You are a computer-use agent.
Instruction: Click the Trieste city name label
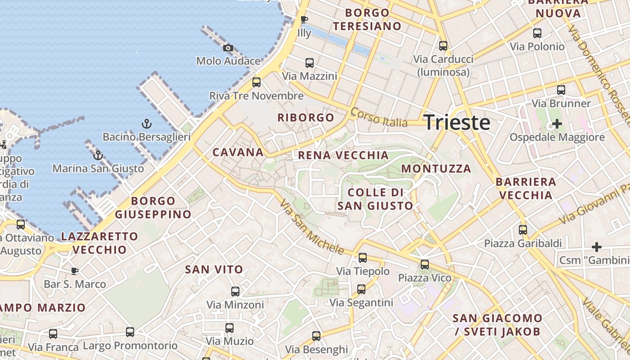point(457,122)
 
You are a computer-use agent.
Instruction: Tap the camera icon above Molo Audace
point(228,48)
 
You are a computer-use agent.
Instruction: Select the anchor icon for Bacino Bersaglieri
point(146,124)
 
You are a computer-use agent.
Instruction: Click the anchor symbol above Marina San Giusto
point(98,156)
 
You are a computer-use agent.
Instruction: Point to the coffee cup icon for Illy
point(304,19)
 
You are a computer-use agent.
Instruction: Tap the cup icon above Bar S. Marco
point(75,270)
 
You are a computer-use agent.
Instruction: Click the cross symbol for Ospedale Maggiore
point(557,123)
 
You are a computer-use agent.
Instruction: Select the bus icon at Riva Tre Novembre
point(256,82)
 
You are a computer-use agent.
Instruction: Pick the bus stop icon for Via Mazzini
point(310,63)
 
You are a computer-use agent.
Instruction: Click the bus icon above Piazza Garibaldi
point(523,230)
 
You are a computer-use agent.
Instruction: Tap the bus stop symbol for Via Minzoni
point(235,292)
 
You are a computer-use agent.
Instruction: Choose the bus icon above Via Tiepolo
point(363,258)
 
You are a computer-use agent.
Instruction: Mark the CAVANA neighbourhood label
point(238,152)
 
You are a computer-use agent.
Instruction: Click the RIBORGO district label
point(306,118)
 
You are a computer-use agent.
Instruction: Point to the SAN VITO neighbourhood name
point(214,270)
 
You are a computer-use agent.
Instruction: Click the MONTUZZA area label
point(436,169)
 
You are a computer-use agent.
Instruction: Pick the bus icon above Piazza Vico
point(425,265)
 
